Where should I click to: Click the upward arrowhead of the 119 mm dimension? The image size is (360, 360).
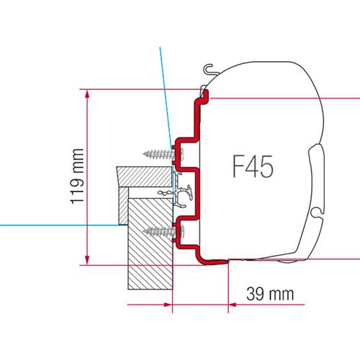click(x=88, y=94)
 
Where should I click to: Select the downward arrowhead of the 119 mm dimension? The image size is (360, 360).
click(x=88, y=259)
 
